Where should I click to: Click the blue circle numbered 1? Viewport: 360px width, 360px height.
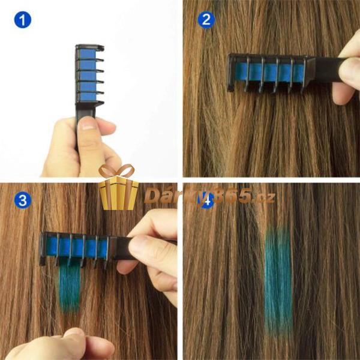click(23, 20)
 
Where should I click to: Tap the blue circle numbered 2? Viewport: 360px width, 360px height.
click(206, 20)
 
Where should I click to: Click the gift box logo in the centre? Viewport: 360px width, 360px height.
click(118, 187)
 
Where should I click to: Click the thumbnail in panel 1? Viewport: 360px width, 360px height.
click(86, 125)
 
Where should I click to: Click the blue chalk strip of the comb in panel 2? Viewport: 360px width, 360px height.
click(271, 73)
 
